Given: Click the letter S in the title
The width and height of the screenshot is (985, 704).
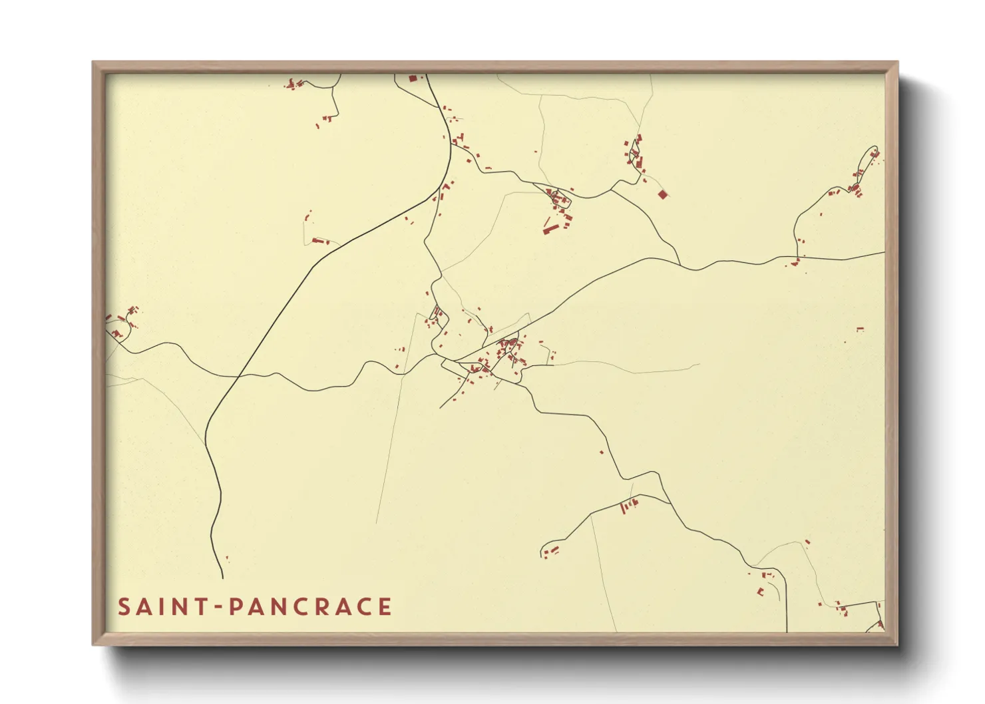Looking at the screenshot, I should (124, 607).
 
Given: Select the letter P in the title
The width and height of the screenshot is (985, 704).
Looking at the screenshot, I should (235, 607).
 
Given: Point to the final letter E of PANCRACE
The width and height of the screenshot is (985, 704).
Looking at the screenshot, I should (384, 607).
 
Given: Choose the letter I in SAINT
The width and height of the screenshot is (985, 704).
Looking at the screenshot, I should (160, 607).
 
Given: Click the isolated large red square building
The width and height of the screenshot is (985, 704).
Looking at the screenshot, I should (662, 194).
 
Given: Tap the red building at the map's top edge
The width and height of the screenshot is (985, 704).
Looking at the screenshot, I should (412, 79).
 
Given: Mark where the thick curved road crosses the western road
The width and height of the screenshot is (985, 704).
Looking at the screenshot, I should (238, 377).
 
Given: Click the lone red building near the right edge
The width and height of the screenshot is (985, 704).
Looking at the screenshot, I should (860, 329).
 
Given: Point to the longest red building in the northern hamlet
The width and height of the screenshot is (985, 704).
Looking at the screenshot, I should (550, 230).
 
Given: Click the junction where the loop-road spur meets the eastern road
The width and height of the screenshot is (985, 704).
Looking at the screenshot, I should (797, 257).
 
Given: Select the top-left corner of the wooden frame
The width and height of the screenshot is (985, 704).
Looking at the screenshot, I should (93, 63).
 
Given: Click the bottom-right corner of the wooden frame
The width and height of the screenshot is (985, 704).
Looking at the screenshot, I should (897, 645).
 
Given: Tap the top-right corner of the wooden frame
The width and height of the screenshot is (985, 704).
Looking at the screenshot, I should (897, 63).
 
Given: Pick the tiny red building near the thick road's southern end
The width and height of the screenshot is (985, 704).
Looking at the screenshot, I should (227, 559).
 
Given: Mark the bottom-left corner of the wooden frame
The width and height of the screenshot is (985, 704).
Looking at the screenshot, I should (93, 645).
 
